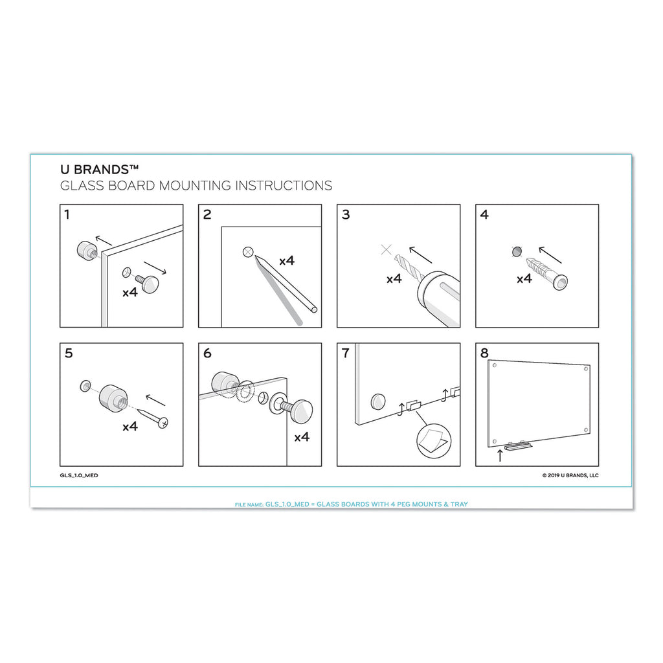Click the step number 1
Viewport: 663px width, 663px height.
tap(67, 214)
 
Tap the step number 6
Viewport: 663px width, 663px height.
tap(207, 353)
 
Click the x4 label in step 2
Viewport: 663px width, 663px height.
tap(287, 261)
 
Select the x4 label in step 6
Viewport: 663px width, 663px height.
tap(302, 437)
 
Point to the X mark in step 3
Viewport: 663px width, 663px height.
tap(386, 249)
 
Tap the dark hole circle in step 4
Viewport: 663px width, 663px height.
tap(517, 253)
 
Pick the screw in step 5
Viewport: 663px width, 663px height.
tap(153, 416)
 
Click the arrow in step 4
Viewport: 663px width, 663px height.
tap(550, 254)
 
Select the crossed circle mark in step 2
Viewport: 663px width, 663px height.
tap(248, 253)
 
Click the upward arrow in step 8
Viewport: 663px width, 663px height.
tap(500, 456)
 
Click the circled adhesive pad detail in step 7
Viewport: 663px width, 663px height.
tap(434, 441)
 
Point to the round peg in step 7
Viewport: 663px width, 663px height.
tap(378, 401)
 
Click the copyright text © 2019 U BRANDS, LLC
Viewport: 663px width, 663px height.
tap(570, 475)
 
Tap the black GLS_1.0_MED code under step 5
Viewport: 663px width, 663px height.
tap(79, 475)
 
